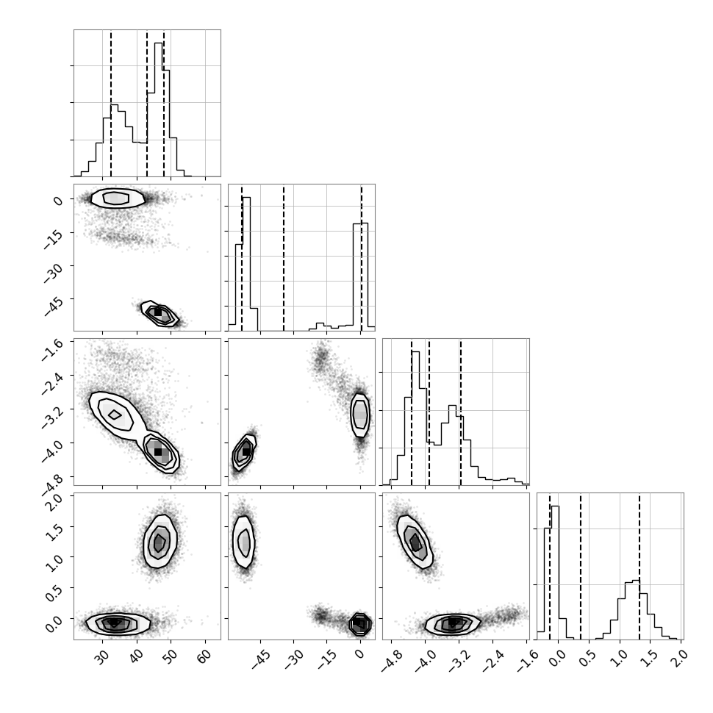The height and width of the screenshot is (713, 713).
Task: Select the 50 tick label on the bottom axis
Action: pyautogui.click(x=171, y=656)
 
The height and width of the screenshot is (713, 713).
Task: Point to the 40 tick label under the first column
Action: pyautogui.click(x=137, y=656)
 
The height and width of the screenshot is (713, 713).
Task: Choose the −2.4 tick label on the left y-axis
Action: pyautogui.click(x=51, y=382)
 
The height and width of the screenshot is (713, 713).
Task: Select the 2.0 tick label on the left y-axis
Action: pyautogui.click(x=54, y=501)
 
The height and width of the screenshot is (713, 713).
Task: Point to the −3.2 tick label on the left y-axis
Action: pyautogui.click(x=51, y=415)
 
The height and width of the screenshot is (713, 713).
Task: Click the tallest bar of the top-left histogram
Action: pyautogui.click(x=158, y=110)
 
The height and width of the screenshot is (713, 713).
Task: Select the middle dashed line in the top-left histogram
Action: pyautogui.click(x=147, y=103)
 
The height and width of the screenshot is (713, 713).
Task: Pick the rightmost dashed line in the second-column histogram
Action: pyautogui.click(x=362, y=257)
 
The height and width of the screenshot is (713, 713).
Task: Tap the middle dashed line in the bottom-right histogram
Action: pyautogui.click(x=581, y=566)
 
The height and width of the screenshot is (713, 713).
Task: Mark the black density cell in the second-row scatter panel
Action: pyautogui.click(x=158, y=312)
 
